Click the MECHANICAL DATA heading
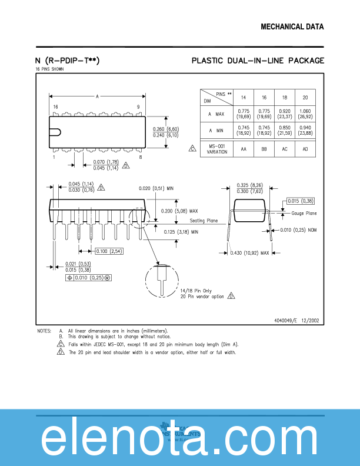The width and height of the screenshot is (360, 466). click(x=292, y=27)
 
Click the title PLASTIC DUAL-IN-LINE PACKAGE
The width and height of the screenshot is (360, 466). click(x=258, y=61)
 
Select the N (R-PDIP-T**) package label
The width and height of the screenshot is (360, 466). click(x=68, y=61)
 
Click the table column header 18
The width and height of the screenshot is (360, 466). click(x=284, y=97)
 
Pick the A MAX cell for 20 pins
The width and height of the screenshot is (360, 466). click(x=305, y=114)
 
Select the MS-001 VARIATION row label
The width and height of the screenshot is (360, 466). click(x=217, y=149)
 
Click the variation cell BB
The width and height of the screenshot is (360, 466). click(x=264, y=149)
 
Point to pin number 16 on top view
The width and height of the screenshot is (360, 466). click(x=55, y=107)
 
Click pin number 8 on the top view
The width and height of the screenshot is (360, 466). click(x=140, y=157)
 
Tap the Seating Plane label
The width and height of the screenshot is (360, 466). click(x=204, y=221)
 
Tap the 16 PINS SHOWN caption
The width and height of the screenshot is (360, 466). click(x=50, y=69)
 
